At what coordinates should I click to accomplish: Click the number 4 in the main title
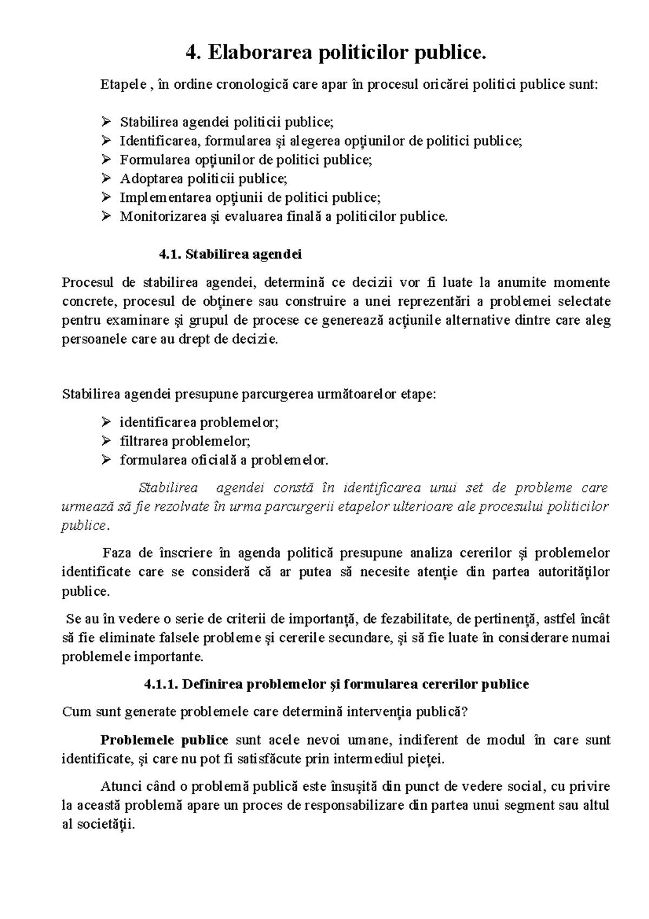[x=190, y=52]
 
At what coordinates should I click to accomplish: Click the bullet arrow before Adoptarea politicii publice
[x=105, y=179]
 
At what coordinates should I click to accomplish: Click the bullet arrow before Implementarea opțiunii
[x=105, y=198]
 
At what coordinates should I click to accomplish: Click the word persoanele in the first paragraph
[x=87, y=339]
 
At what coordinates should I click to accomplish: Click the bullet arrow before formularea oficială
[x=105, y=461]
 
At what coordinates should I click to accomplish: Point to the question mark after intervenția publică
[x=463, y=712]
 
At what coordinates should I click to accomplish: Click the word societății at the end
[x=105, y=824]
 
